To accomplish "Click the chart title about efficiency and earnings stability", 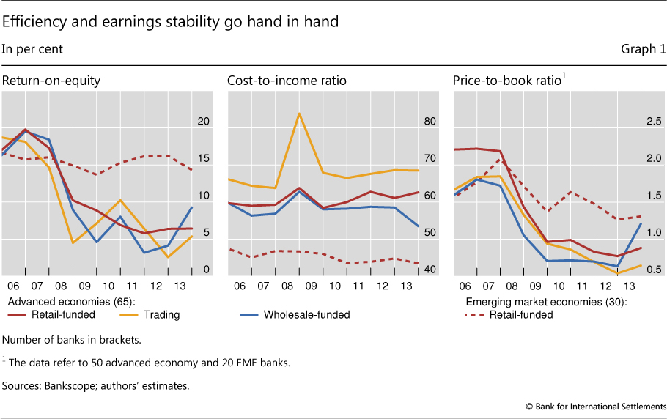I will (x=170, y=22).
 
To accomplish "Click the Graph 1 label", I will (x=643, y=50).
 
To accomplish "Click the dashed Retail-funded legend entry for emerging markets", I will (x=517, y=315).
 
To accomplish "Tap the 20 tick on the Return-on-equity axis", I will (x=204, y=121).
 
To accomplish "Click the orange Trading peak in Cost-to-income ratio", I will (x=299, y=114).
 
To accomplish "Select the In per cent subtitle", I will (x=32, y=50).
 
